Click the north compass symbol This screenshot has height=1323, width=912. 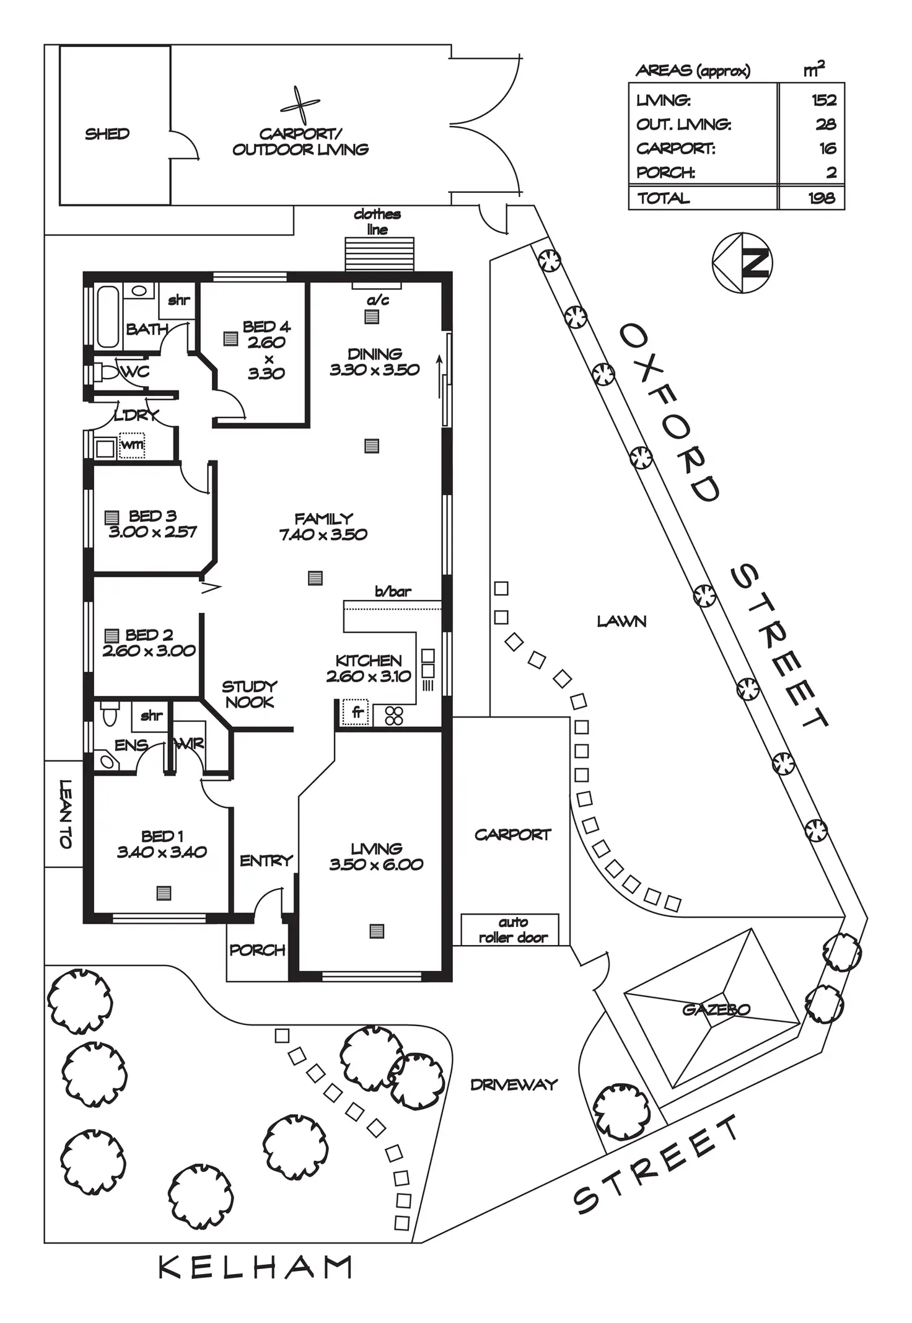742,263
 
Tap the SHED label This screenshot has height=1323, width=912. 107,134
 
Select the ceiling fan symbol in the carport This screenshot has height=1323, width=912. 300,105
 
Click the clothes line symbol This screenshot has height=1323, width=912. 379,254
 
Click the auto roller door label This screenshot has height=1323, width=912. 513,930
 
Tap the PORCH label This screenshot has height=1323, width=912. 257,950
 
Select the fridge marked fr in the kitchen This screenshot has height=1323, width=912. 357,713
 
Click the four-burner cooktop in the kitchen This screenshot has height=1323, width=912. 394,715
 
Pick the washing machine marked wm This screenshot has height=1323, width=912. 132,445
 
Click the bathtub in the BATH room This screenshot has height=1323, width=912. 108,316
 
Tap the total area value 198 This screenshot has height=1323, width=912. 821,198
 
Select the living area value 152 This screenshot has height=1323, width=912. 823,100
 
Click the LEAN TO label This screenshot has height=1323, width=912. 65,814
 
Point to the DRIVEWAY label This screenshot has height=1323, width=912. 514,1084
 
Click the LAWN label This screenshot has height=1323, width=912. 621,621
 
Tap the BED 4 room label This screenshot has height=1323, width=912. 266,327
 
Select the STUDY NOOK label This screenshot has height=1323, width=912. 249,694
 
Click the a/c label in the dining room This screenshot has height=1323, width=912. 377,301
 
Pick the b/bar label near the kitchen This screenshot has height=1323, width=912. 393,592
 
